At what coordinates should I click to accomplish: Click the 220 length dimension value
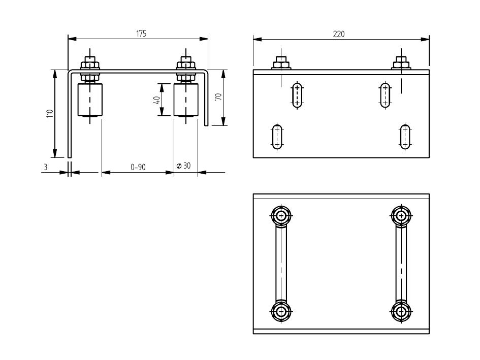339,34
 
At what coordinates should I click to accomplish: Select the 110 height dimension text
50,113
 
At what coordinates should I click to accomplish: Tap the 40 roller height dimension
157,100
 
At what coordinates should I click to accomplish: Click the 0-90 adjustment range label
138,167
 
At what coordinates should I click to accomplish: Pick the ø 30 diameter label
183,166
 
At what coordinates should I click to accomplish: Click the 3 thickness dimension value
45,167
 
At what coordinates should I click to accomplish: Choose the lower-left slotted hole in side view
277,137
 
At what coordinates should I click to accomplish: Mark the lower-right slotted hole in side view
405,137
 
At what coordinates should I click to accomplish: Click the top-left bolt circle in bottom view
280,215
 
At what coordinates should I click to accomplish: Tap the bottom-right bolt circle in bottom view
401,311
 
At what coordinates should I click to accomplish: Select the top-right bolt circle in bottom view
401,215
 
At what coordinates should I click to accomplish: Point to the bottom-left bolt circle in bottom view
280,311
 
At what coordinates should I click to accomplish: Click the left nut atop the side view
281,63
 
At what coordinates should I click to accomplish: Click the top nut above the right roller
186,64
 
